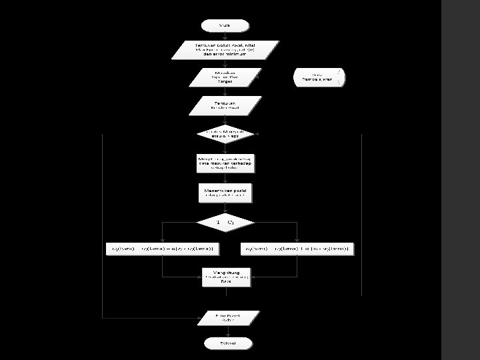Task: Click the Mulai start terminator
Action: (225, 25)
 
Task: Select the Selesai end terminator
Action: (225, 343)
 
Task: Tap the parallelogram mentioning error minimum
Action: (225, 49)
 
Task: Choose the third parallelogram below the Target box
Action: (225, 105)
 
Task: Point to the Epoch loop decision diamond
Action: (225, 134)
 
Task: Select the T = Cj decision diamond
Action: (225, 221)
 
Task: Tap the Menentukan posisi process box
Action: (225, 192)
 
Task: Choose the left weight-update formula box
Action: (164, 249)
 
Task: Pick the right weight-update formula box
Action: (297, 249)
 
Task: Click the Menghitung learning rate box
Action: (225, 277)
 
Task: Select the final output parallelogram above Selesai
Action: (225, 316)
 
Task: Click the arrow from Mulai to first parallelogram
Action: (225, 36)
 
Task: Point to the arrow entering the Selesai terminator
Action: (225, 331)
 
